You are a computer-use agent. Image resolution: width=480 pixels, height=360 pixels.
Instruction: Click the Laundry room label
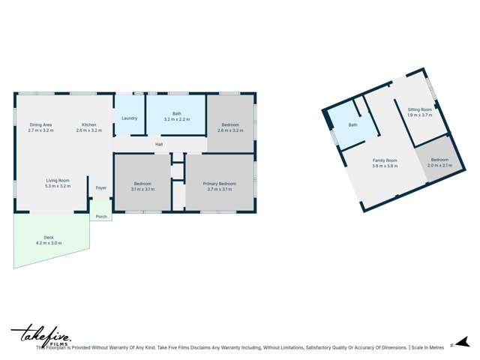(129, 118)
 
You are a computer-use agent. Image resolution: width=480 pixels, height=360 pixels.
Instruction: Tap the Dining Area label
(40, 124)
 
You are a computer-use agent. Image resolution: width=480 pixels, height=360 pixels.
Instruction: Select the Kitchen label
(88, 124)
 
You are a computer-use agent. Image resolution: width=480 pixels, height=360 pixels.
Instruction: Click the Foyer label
(100, 187)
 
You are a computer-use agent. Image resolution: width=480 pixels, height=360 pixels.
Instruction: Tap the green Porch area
(101, 217)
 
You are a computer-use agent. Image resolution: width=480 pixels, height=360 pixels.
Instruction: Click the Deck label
(49, 238)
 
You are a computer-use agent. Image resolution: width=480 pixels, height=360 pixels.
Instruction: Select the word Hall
(159, 144)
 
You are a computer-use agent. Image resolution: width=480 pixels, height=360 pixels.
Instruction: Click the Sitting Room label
(420, 109)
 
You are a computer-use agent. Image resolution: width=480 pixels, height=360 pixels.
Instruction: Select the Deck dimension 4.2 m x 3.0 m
(49, 243)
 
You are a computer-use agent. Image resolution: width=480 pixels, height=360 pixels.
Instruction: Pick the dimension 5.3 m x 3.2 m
(58, 185)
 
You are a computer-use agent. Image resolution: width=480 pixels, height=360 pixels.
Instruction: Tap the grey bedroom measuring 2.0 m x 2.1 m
(439, 162)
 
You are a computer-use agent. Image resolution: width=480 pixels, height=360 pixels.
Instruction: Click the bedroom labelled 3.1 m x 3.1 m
(142, 186)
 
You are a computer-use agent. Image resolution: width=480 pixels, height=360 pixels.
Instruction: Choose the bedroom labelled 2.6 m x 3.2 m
(229, 127)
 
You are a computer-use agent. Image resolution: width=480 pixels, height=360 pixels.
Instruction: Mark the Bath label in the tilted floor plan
(352, 125)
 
